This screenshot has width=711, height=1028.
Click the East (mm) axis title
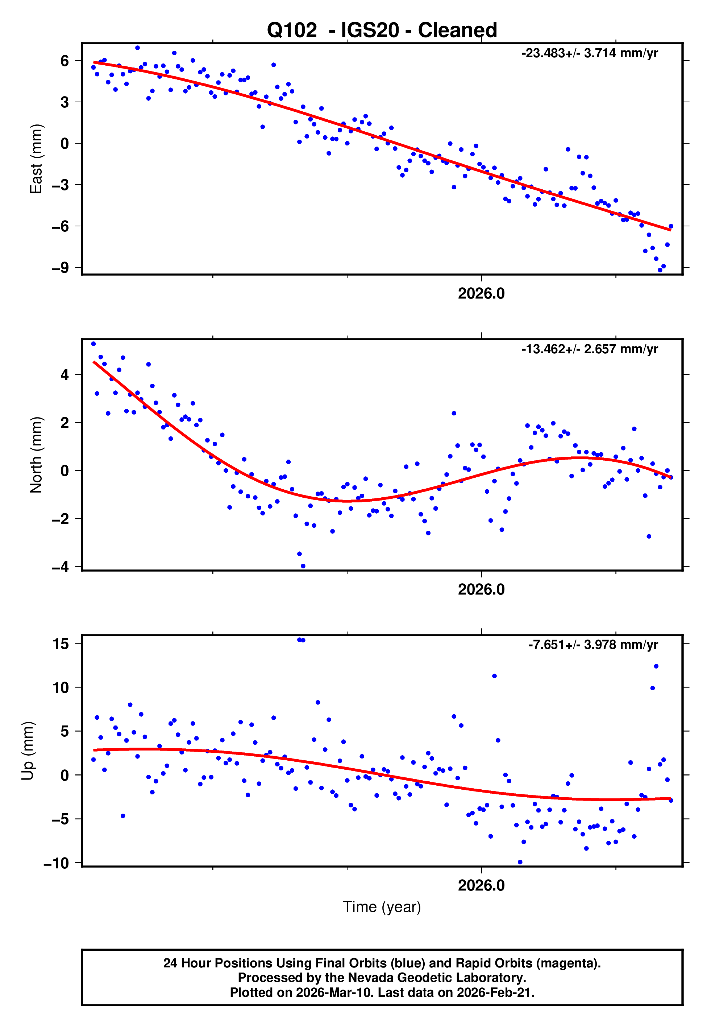pyautogui.click(x=36, y=159)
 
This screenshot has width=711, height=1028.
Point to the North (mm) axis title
pyautogui.click(x=36, y=455)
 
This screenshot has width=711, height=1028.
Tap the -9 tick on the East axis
pyautogui.click(x=61, y=268)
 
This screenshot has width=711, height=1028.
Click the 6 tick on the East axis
pyautogui.click(x=65, y=61)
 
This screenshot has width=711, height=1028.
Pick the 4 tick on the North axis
pyautogui.click(x=65, y=375)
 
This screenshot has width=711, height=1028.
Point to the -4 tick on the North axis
pyautogui.click(x=61, y=567)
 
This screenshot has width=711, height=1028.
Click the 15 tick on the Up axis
pyautogui.click(x=61, y=644)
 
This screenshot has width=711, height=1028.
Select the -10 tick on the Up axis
pyautogui.click(x=57, y=864)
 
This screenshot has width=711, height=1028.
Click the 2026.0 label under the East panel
pyautogui.click(x=481, y=294)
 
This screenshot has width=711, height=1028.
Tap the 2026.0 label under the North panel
pyautogui.click(x=481, y=590)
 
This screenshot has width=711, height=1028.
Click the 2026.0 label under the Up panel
pyautogui.click(x=481, y=885)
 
